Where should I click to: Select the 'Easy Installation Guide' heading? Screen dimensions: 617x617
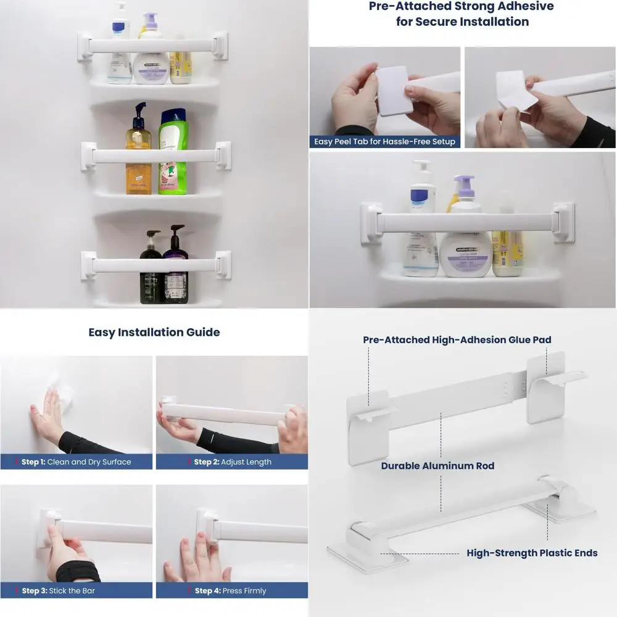tap(154, 332)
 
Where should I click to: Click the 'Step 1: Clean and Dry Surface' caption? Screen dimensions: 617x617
tap(76, 462)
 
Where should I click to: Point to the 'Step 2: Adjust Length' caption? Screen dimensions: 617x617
tap(232, 462)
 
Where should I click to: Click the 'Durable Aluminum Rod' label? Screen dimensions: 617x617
tap(437, 466)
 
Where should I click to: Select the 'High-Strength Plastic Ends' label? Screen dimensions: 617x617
tap(532, 553)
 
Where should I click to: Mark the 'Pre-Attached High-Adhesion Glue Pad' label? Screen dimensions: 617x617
tap(457, 339)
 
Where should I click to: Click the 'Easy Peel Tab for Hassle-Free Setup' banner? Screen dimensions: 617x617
tap(384, 141)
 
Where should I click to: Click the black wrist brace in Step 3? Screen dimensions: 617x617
tap(77, 572)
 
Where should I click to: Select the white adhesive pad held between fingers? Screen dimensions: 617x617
tap(394, 91)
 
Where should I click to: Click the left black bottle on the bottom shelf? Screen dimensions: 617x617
tap(151, 269)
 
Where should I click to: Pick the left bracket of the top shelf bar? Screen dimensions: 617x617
tap(85, 46)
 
